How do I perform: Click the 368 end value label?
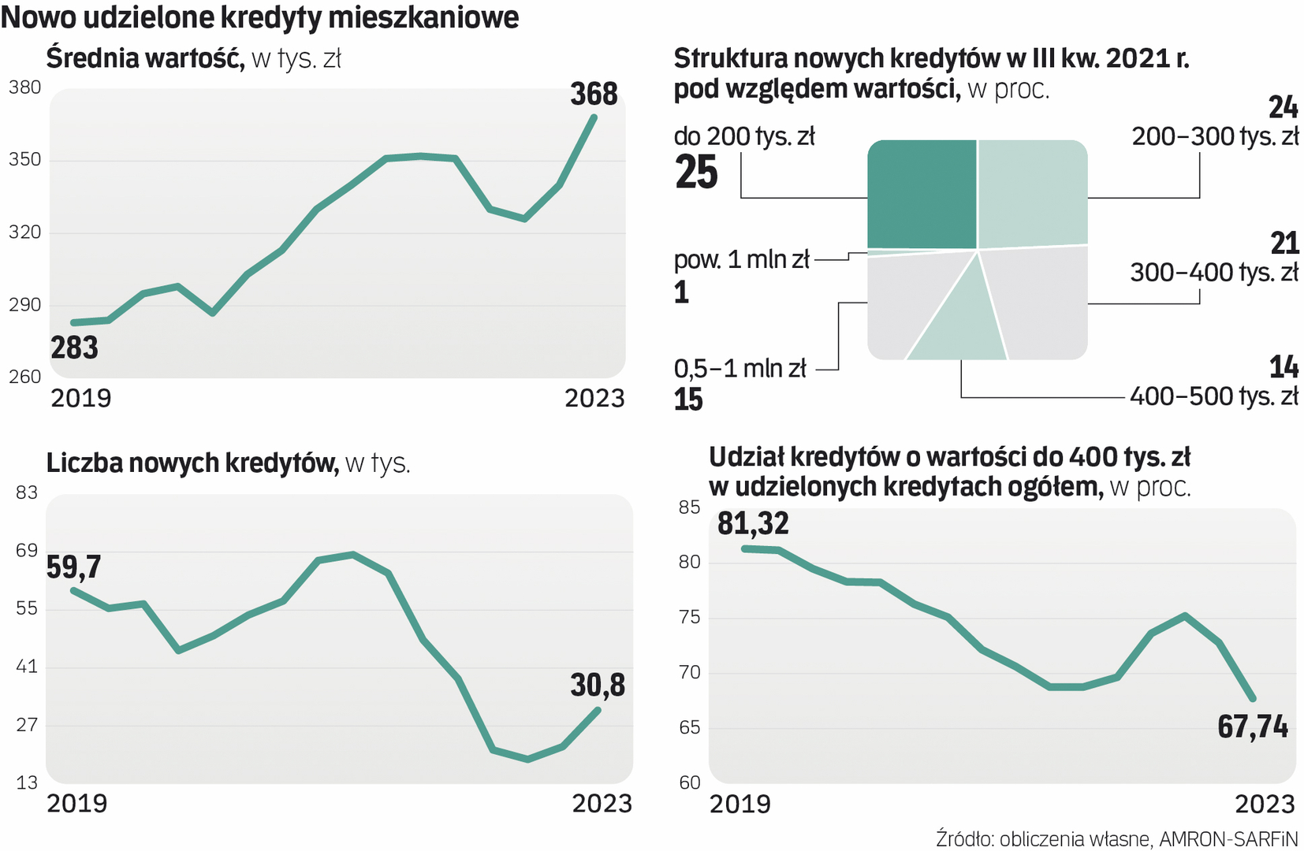click(x=594, y=95)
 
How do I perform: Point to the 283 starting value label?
click(x=74, y=347)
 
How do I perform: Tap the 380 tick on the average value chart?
click(x=24, y=87)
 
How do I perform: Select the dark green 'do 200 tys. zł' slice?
click(x=922, y=194)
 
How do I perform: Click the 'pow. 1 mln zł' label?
click(x=741, y=259)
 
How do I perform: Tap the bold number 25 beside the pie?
click(x=696, y=173)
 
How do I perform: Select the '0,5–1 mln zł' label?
click(x=740, y=368)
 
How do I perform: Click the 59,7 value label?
click(x=73, y=567)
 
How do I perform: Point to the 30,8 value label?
click(x=598, y=686)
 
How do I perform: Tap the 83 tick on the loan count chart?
click(x=27, y=492)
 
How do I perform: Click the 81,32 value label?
click(x=753, y=523)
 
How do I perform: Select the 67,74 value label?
click(x=1252, y=727)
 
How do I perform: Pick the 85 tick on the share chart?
click(x=689, y=507)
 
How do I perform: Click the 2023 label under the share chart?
click(x=1265, y=804)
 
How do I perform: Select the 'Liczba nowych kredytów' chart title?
click(x=192, y=463)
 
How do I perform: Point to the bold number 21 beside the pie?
click(x=1284, y=243)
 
